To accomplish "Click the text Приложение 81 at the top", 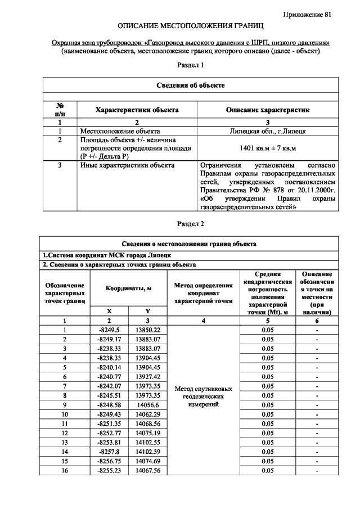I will click(x=307, y=14).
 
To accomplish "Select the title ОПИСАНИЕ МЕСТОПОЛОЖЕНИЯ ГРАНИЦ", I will click(x=190, y=26).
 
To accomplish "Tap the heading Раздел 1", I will click(x=190, y=66).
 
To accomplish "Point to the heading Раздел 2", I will click(x=190, y=224).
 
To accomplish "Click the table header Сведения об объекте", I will click(x=190, y=85).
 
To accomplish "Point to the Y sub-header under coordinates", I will click(x=148, y=310).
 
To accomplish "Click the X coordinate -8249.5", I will click(x=109, y=330).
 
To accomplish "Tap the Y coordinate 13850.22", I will click(x=148, y=330).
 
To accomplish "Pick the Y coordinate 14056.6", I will click(x=148, y=404).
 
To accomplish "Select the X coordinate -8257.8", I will click(x=109, y=452).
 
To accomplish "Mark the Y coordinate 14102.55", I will click(x=148, y=442).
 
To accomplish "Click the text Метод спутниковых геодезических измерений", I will click(x=203, y=396).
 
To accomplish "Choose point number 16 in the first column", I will click(x=65, y=470).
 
